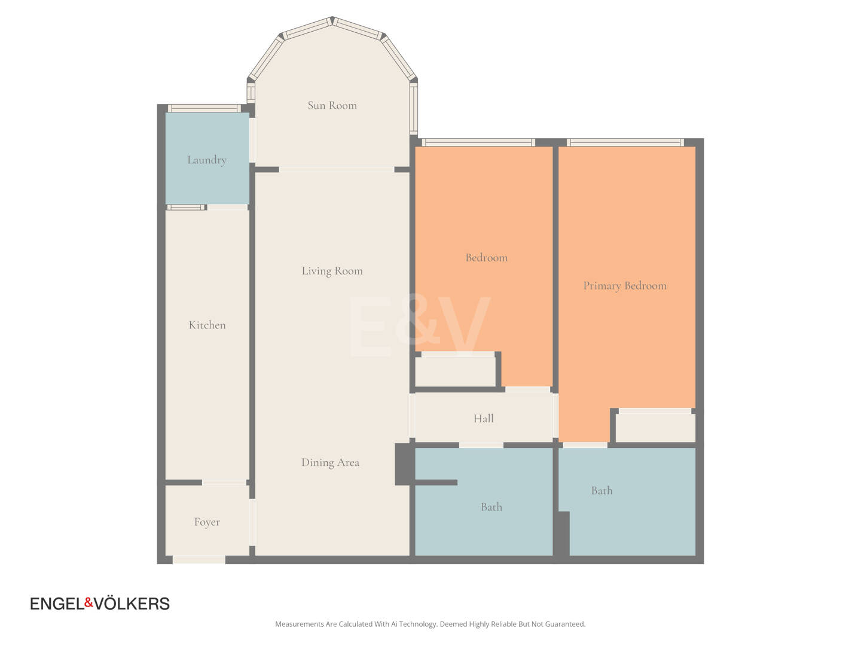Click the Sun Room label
pos(332,105)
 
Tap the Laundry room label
pos(207,160)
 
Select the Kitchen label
pos(207,325)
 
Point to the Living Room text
pos(332,271)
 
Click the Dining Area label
pos(330,462)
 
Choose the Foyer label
pos(207,522)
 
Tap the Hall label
pos(483,419)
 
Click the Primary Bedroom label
pos(625,286)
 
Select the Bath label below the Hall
pos(491,507)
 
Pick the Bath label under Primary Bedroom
pos(602,490)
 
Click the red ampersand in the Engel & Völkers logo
pos(88,602)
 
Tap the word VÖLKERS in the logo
pos(132,604)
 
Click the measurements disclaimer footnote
pos(430,624)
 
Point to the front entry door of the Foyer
pos(199,559)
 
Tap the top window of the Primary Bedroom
pos(625,142)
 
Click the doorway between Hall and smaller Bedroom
pos(527,389)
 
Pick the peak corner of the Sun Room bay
pos(332,18)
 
